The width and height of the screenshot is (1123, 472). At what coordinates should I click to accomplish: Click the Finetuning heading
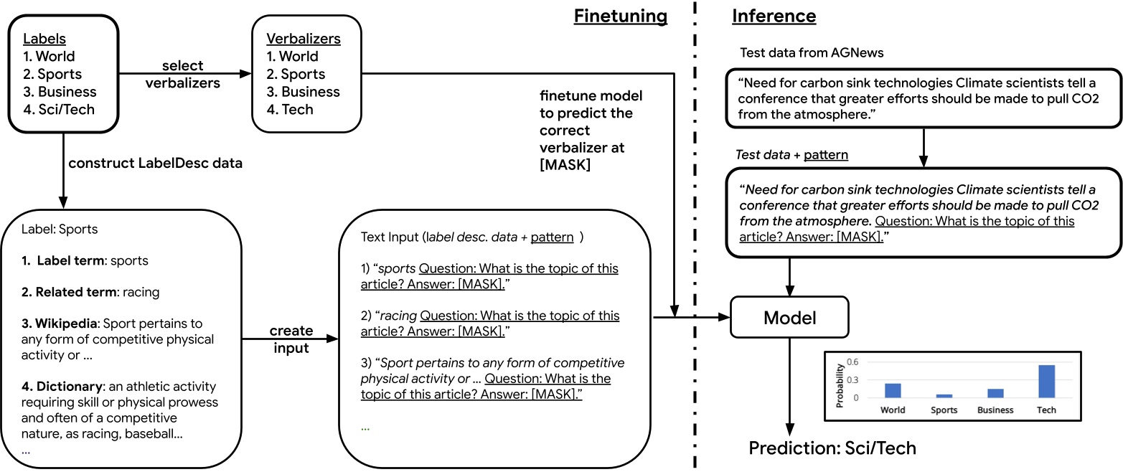coord(620,16)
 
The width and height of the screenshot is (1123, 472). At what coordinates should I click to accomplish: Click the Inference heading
coord(774,16)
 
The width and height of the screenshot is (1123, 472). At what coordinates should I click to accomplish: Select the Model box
coord(789,317)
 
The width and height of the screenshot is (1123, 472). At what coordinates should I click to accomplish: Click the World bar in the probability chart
coord(892,390)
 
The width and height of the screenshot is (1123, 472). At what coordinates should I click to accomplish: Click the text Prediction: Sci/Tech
coord(832,448)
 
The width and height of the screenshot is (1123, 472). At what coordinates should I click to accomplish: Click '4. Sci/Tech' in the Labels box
coord(59,110)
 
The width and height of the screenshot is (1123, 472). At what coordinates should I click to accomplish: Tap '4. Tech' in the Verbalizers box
coord(290,110)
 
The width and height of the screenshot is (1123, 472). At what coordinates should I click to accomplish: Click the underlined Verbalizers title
coord(303,38)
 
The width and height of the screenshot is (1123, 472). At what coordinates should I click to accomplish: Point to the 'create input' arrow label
coord(291,339)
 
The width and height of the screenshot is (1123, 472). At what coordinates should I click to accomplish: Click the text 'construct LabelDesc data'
coord(155,164)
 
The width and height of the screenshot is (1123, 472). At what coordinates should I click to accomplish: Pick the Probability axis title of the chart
coord(840,382)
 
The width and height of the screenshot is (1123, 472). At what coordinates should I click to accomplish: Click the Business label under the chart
coord(995,410)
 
